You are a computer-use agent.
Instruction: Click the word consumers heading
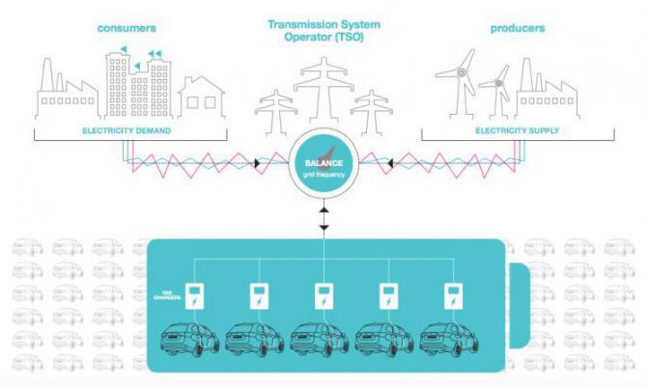click(125, 28)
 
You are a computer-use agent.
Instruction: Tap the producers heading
click(517, 28)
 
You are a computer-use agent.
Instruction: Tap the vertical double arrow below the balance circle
click(323, 217)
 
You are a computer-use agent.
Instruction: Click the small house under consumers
click(201, 97)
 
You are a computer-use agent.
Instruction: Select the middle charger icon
click(323, 296)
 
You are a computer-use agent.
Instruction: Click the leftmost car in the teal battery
click(189, 339)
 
